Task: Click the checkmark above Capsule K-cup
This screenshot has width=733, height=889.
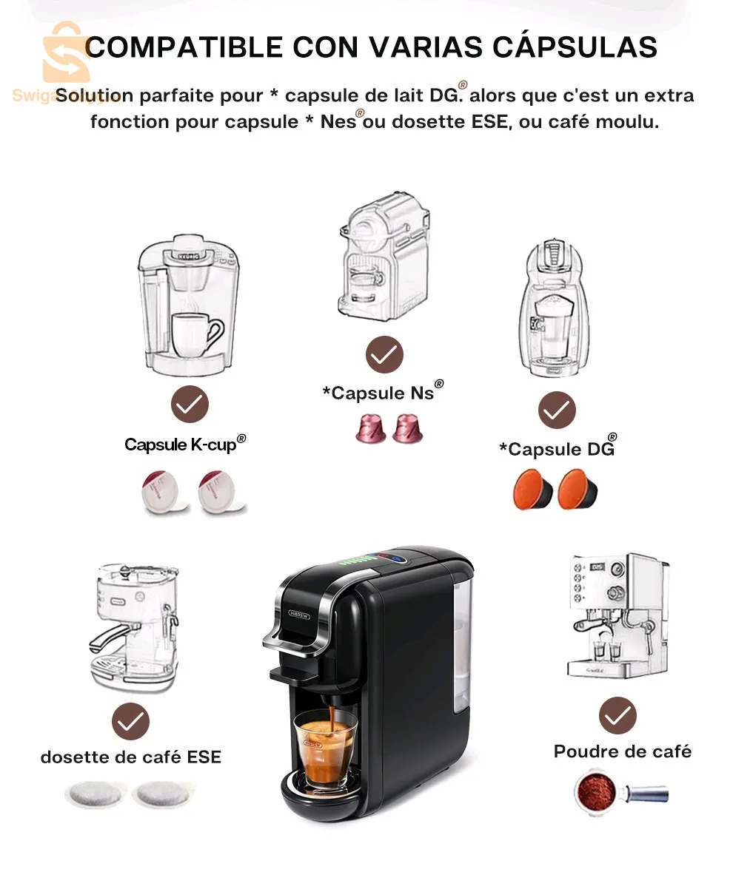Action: [x=190, y=404]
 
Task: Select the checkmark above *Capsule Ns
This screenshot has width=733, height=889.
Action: [x=384, y=355]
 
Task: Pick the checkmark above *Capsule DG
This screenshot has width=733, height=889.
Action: [x=557, y=410]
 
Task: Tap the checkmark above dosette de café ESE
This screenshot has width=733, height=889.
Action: [x=130, y=722]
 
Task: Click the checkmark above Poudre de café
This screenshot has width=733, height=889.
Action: [x=617, y=715]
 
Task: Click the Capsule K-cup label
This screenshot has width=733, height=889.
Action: [x=184, y=444]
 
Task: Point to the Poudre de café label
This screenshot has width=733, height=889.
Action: [x=623, y=751]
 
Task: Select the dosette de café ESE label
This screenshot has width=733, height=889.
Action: [x=131, y=757]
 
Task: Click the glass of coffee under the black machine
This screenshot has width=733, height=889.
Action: [x=325, y=748]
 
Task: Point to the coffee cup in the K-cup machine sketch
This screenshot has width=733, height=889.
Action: [x=195, y=334]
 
